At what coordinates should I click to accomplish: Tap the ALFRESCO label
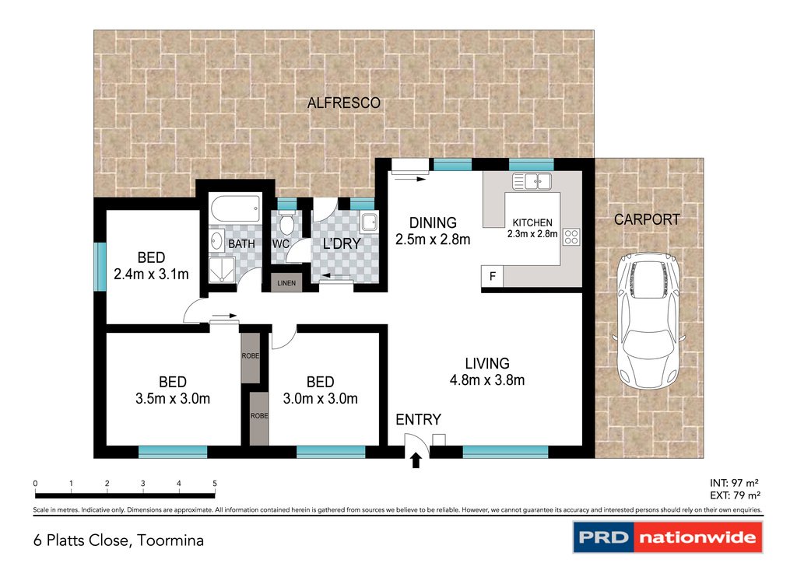coord(343,103)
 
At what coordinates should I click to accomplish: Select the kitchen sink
coord(532,181)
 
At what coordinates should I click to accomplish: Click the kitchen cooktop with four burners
coord(571,237)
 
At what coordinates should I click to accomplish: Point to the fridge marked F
coord(492,277)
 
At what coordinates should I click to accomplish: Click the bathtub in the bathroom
coord(235,208)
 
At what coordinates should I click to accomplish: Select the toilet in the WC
coord(287,222)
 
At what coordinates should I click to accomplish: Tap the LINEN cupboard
coord(286,283)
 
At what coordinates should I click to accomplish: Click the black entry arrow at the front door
coord(416,460)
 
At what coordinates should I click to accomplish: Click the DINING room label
coord(433,223)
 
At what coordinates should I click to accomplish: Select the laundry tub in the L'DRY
coord(369,222)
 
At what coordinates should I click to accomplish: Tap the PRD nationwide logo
coord(668,537)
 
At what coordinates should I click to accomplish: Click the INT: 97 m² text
coord(734,484)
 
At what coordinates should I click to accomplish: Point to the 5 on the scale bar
coord(215,484)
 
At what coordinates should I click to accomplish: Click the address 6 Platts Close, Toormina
coord(118,540)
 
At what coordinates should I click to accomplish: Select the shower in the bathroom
coord(223,270)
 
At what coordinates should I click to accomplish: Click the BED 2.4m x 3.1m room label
coord(151,265)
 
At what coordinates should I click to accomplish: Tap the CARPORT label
coord(647,219)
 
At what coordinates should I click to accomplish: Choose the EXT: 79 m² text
coord(735,495)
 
